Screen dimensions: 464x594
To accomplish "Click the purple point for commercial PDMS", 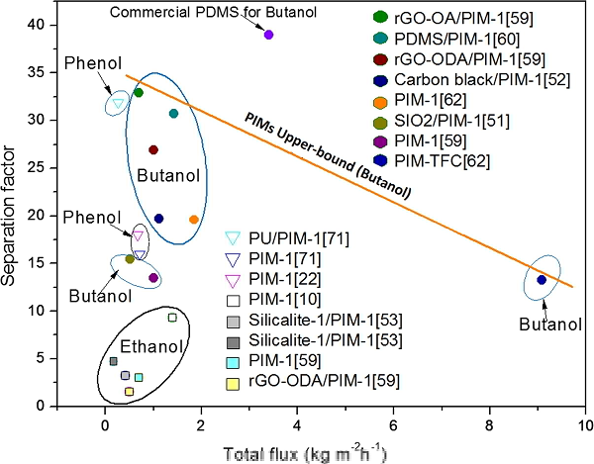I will pyautogui.click(x=268, y=35).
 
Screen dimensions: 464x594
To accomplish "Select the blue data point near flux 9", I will pyautogui.click(x=542, y=280).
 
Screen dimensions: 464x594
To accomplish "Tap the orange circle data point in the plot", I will pyautogui.click(x=194, y=220).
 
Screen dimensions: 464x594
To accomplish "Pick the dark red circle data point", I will pyautogui.click(x=153, y=149).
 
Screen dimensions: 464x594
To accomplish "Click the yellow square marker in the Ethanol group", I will pyautogui.click(x=129, y=392).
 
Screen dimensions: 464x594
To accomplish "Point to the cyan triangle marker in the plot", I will pyautogui.click(x=119, y=103).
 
